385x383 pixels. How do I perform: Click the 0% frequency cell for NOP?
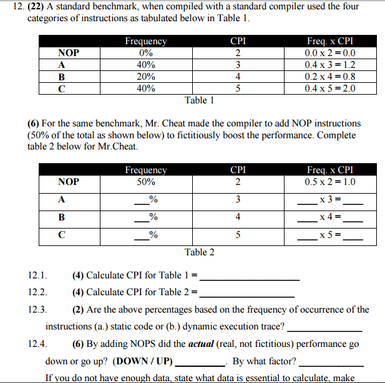point(145,54)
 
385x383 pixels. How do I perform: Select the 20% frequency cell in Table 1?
point(145,77)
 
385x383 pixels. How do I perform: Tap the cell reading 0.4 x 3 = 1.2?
point(330,65)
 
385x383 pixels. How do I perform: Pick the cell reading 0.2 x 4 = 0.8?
point(330,77)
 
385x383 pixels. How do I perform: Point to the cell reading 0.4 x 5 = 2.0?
point(330,88)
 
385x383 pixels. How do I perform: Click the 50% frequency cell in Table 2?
point(145,182)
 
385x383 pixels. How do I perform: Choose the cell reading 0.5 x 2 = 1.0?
point(330,182)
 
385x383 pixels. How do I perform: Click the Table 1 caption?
point(199,100)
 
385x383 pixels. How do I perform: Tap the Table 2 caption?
point(199,252)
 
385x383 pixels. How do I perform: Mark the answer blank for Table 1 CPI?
point(250,277)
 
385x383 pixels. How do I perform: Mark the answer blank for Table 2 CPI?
point(246,293)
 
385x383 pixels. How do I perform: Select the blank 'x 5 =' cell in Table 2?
point(330,236)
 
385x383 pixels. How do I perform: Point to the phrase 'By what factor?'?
point(265,361)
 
